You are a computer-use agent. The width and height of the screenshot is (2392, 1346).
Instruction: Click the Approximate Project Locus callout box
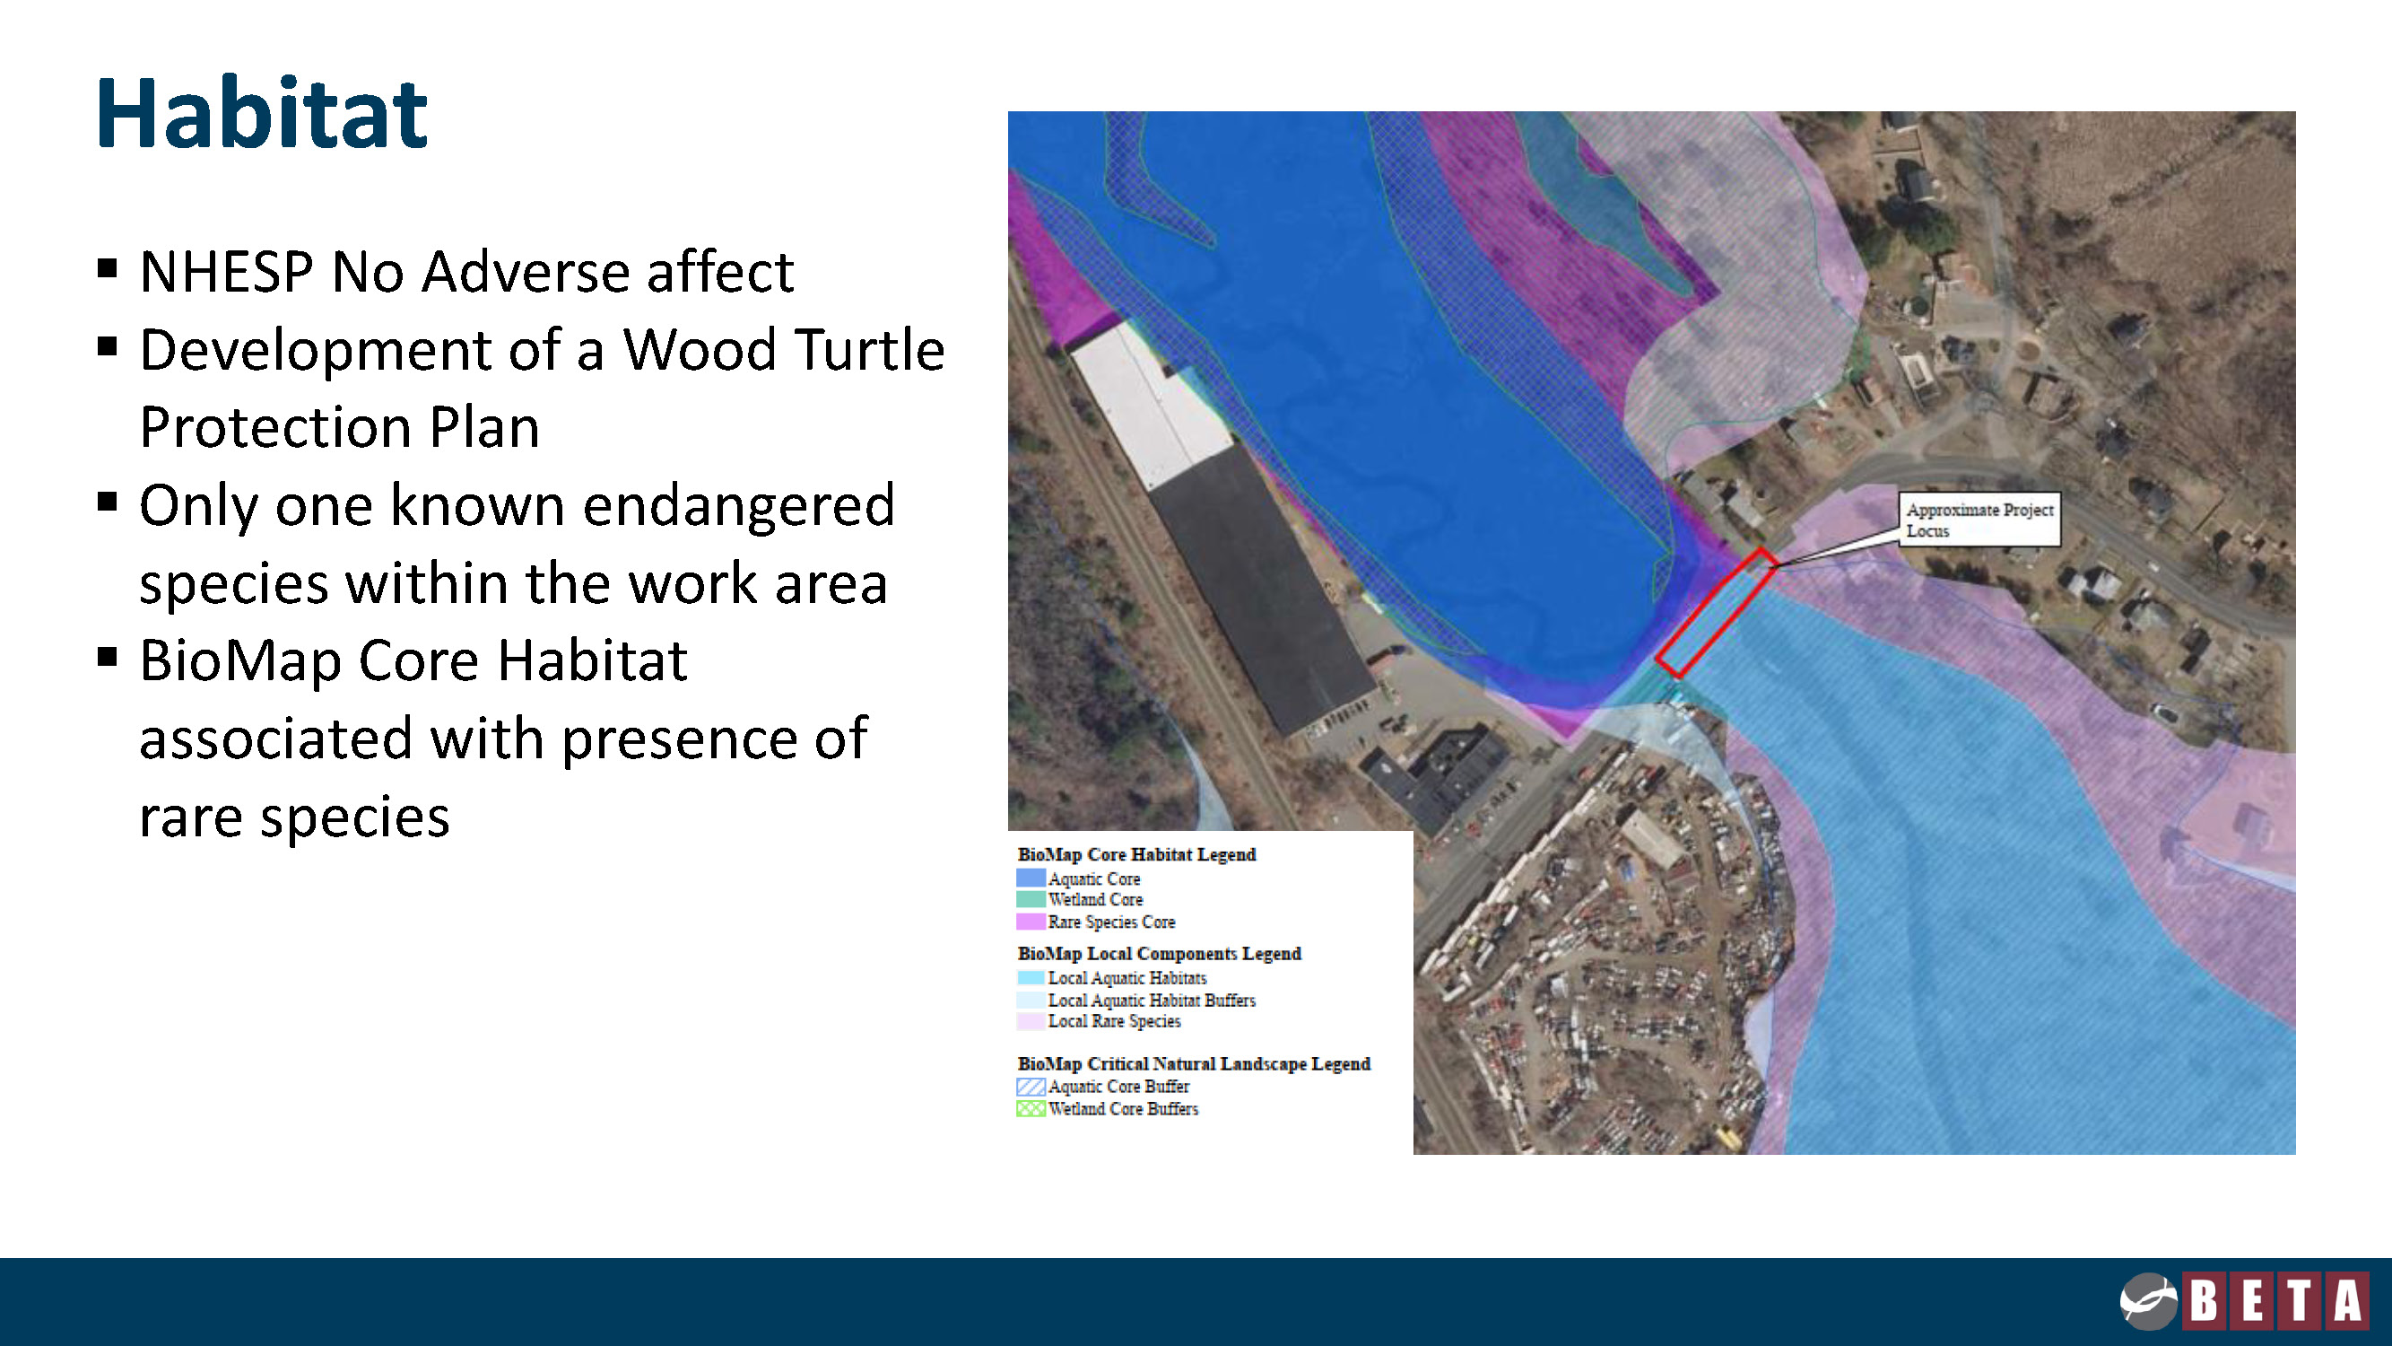point(1979,520)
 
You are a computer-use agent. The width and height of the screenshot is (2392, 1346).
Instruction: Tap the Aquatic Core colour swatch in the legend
point(1030,878)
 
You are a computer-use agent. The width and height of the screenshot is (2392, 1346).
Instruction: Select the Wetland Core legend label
point(1096,900)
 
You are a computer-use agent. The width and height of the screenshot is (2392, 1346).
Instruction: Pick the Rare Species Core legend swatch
point(1030,922)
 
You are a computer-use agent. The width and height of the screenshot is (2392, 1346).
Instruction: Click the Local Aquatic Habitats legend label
point(1127,978)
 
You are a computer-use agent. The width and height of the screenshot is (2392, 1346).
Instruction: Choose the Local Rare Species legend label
point(1114,1021)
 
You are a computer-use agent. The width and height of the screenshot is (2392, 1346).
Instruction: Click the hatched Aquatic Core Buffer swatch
point(1031,1086)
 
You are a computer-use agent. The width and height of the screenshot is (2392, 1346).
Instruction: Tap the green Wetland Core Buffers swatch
point(1031,1108)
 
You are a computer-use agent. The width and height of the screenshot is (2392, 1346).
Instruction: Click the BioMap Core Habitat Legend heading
point(1136,854)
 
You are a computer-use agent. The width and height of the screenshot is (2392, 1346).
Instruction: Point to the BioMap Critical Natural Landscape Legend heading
point(1194,1063)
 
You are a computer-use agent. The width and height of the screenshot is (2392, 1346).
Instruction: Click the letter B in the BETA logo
point(2204,1299)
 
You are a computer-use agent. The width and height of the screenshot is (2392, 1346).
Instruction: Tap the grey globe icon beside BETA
point(2148,1301)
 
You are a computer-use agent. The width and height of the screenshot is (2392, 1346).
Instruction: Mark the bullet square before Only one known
point(107,503)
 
